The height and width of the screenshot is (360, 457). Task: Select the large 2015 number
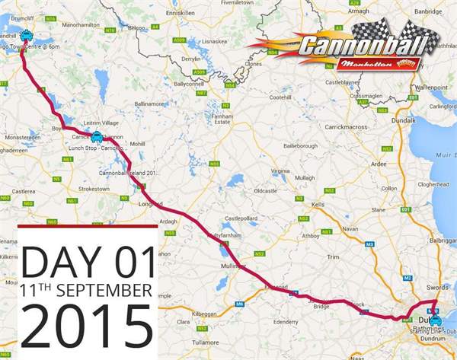[x=85, y=324]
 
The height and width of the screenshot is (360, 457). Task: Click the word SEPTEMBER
[x=104, y=291]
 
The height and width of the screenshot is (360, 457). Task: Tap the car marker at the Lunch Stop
[x=96, y=137]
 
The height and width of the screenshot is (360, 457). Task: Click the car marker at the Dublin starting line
[x=435, y=320]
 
